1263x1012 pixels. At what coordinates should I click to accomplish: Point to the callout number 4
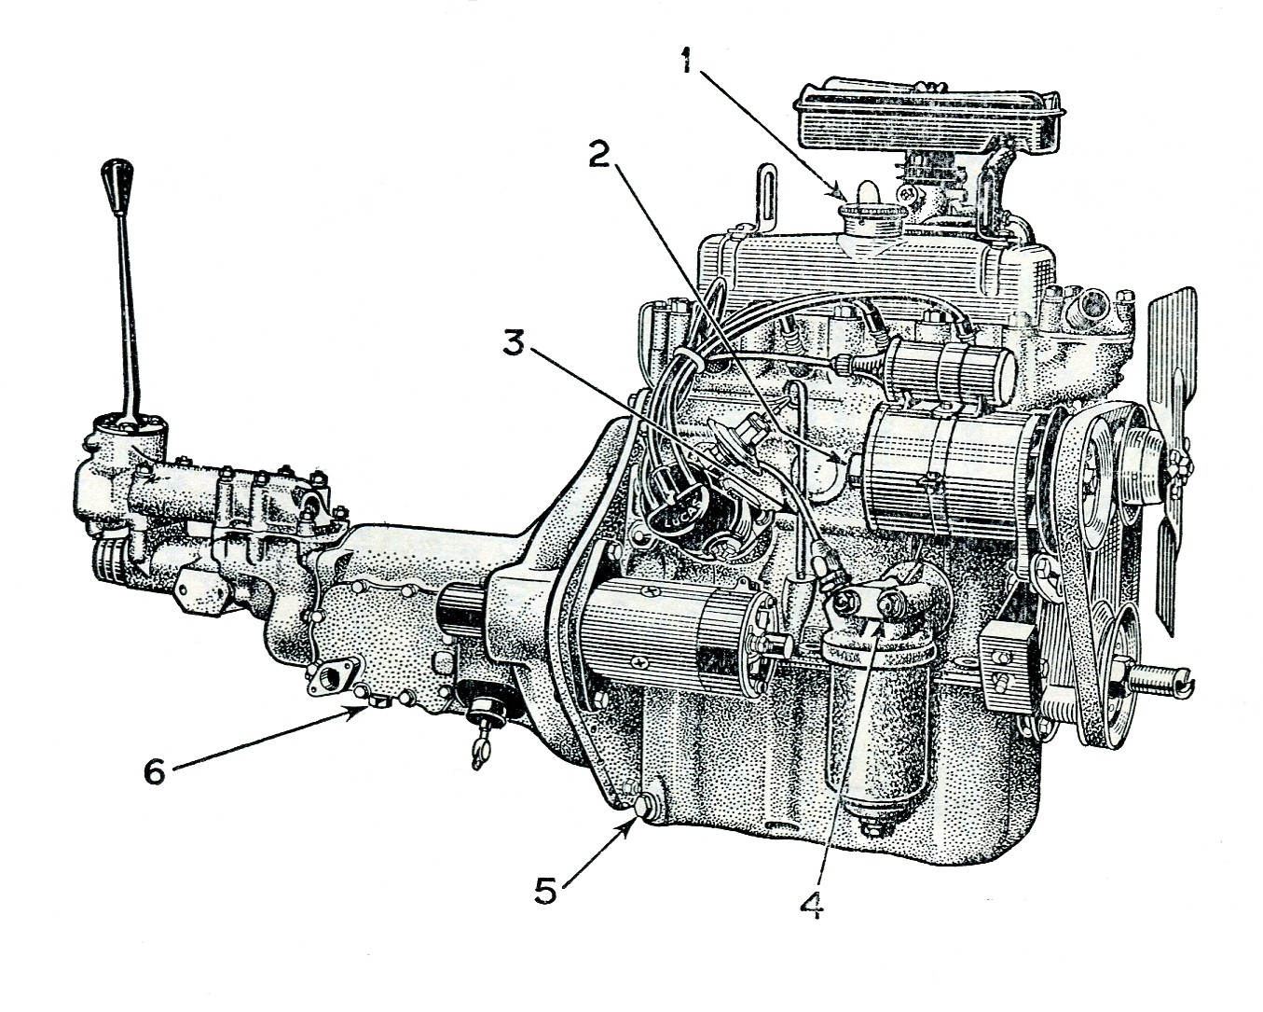(812, 905)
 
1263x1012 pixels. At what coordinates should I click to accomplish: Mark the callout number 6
(155, 770)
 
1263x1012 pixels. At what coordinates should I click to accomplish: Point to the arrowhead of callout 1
(843, 196)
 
